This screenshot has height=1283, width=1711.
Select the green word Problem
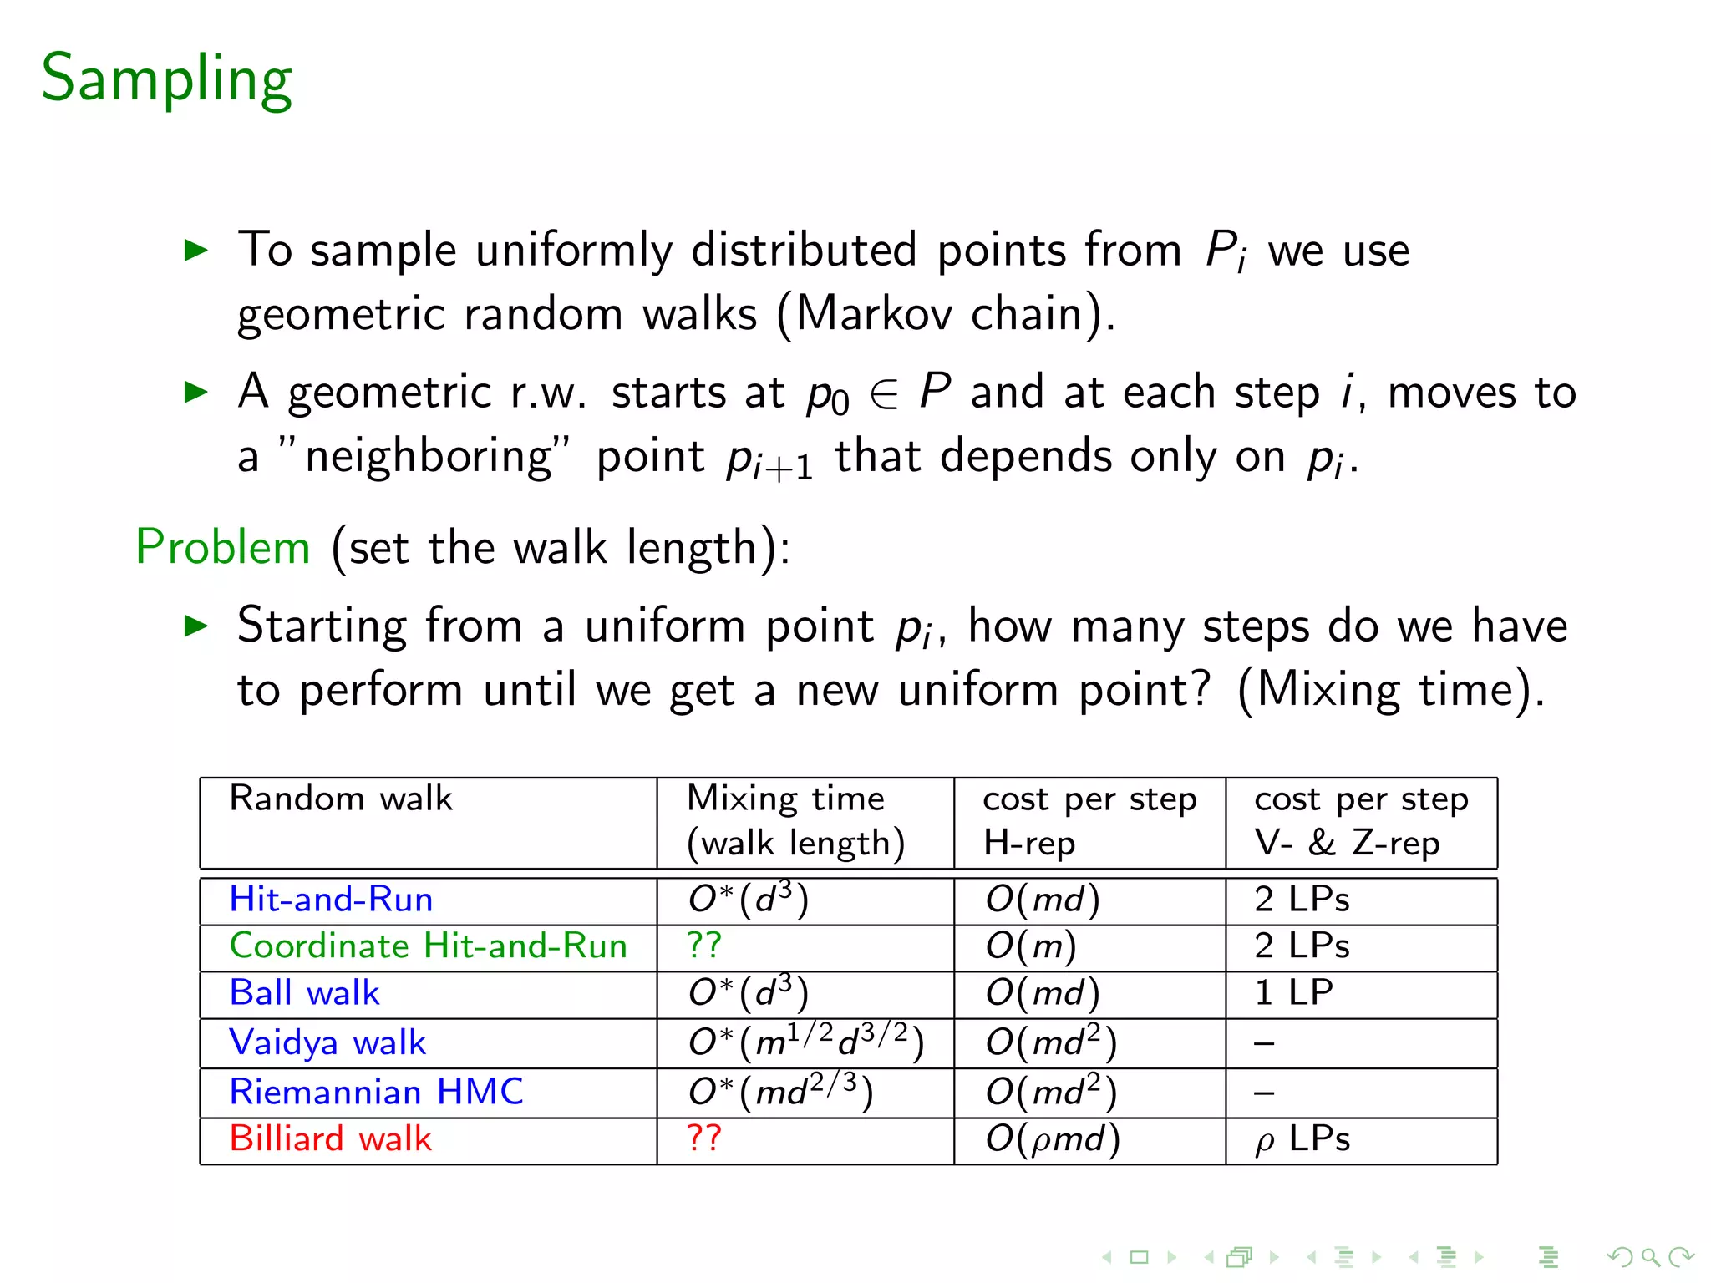[223, 548]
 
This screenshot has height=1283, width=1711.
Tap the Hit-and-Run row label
[331, 900]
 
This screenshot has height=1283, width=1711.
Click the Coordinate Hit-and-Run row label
[428, 946]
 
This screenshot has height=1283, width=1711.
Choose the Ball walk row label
[304, 993]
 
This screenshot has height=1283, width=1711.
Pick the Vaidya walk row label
[327, 1042]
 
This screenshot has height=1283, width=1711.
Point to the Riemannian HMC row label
[376, 1092]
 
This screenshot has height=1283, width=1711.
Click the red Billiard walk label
[330, 1139]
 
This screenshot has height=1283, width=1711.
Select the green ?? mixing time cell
[703, 946]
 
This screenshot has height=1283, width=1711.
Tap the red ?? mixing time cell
[703, 1138]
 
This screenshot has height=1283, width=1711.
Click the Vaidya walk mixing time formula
[805, 1042]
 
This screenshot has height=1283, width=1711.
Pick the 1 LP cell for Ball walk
[1293, 993]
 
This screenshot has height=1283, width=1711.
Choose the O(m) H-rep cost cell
[1031, 946]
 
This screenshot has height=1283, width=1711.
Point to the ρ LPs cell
[1302, 1139]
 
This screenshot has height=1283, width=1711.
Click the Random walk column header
[341, 799]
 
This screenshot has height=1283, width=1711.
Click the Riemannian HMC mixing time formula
[780, 1092]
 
